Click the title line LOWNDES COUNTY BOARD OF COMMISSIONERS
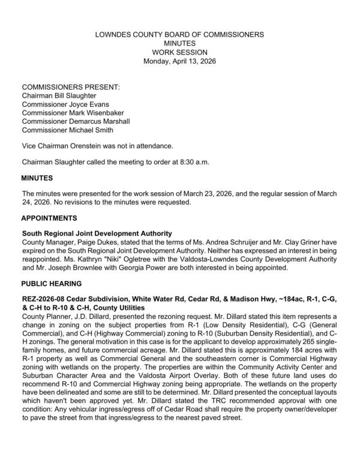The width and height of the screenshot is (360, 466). (x=180, y=35)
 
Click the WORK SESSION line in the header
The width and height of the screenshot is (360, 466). (x=180, y=53)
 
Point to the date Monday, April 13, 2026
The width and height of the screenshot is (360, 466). (x=180, y=61)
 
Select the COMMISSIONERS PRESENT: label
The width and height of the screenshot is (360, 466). (x=71, y=87)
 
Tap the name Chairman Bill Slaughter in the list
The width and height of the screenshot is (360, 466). (x=59, y=95)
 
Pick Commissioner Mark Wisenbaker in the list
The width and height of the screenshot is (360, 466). (x=74, y=112)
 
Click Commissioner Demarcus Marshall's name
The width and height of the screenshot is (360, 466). (x=76, y=121)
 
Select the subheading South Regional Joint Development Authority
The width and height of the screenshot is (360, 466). (x=97, y=233)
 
